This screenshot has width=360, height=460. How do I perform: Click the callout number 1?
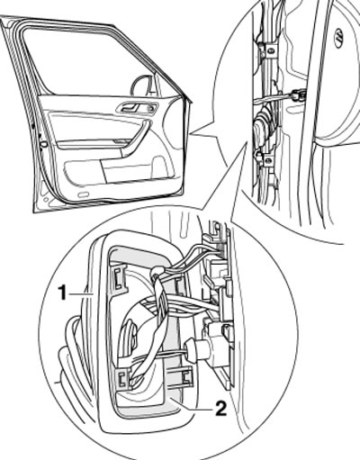62,293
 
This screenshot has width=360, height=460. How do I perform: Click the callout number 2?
220,409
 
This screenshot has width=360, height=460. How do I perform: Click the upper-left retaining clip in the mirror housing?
119,280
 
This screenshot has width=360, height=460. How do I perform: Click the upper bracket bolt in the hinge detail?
270,51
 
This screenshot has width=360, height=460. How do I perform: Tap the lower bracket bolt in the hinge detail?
268,161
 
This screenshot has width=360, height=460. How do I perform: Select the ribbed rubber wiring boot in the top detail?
264,126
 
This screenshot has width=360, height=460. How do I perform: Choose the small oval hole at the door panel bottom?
81,194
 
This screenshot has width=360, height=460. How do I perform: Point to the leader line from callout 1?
80,294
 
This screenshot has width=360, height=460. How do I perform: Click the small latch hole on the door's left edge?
44,144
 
